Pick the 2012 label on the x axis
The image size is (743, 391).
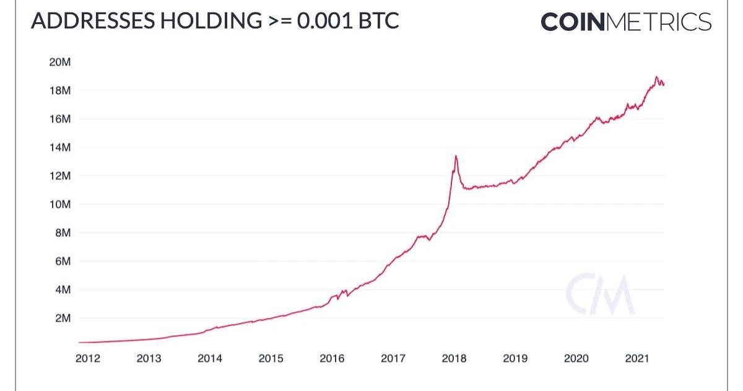pyautogui.click(x=88, y=358)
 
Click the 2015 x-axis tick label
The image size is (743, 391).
pyautogui.click(x=271, y=358)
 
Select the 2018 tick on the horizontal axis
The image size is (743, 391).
pyautogui.click(x=454, y=358)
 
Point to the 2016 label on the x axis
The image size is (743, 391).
pyautogui.click(x=332, y=358)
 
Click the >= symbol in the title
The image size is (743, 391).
pyautogui.click(x=279, y=21)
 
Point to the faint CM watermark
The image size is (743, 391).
pyautogui.click(x=599, y=295)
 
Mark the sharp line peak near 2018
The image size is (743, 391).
pyautogui.click(x=456, y=156)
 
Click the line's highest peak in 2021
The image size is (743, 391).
pyautogui.click(x=656, y=77)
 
